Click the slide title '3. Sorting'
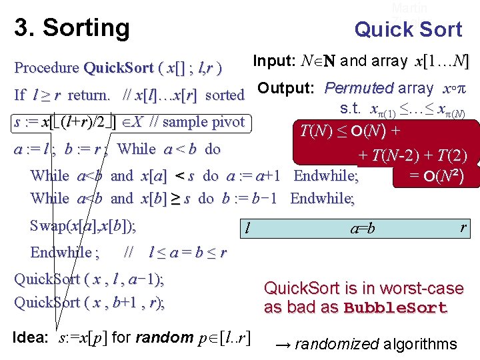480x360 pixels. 72,28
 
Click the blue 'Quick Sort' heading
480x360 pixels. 408,29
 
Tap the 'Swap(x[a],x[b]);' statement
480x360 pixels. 83,225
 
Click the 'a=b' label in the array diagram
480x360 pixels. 363,229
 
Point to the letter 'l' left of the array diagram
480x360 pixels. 247,229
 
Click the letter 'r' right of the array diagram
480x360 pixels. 463,227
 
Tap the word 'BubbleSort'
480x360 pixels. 395,308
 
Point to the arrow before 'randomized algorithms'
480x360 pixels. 282,345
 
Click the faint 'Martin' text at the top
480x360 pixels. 409,8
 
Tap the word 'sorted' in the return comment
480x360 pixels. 225,95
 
